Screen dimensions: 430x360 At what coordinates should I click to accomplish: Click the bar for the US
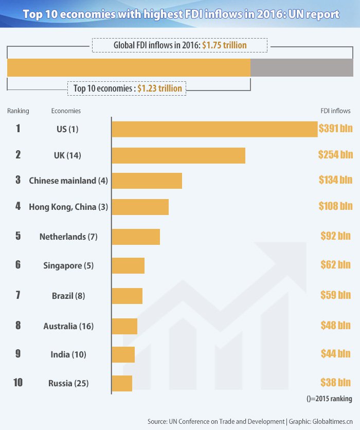pyautogui.click(x=214, y=129)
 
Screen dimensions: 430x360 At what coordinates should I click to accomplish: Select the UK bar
pyautogui.click(x=178, y=155)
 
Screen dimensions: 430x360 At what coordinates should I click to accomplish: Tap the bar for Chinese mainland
pyautogui.click(x=147, y=181)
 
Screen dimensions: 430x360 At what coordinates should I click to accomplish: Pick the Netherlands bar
pyautogui.click(x=136, y=237)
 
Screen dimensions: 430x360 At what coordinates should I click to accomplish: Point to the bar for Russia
pyautogui.click(x=122, y=383)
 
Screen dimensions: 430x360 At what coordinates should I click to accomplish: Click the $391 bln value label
pyautogui.click(x=335, y=129)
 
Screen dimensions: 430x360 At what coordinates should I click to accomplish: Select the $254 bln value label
pyautogui.click(x=335, y=154)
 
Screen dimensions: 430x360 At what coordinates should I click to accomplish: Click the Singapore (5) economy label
pyautogui.click(x=68, y=266)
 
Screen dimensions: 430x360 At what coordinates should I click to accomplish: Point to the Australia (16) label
pyautogui.click(x=68, y=326)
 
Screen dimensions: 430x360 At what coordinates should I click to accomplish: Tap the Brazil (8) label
pyautogui.click(x=68, y=296)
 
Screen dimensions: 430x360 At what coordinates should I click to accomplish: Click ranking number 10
pyautogui.click(x=18, y=383)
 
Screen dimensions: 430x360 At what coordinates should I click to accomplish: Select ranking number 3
pyautogui.click(x=18, y=180)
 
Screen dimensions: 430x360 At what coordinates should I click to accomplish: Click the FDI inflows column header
pyautogui.click(x=335, y=111)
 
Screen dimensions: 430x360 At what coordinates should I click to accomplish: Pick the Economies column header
pyautogui.click(x=66, y=111)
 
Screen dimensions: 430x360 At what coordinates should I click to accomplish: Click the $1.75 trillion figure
pyautogui.click(x=224, y=46)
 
